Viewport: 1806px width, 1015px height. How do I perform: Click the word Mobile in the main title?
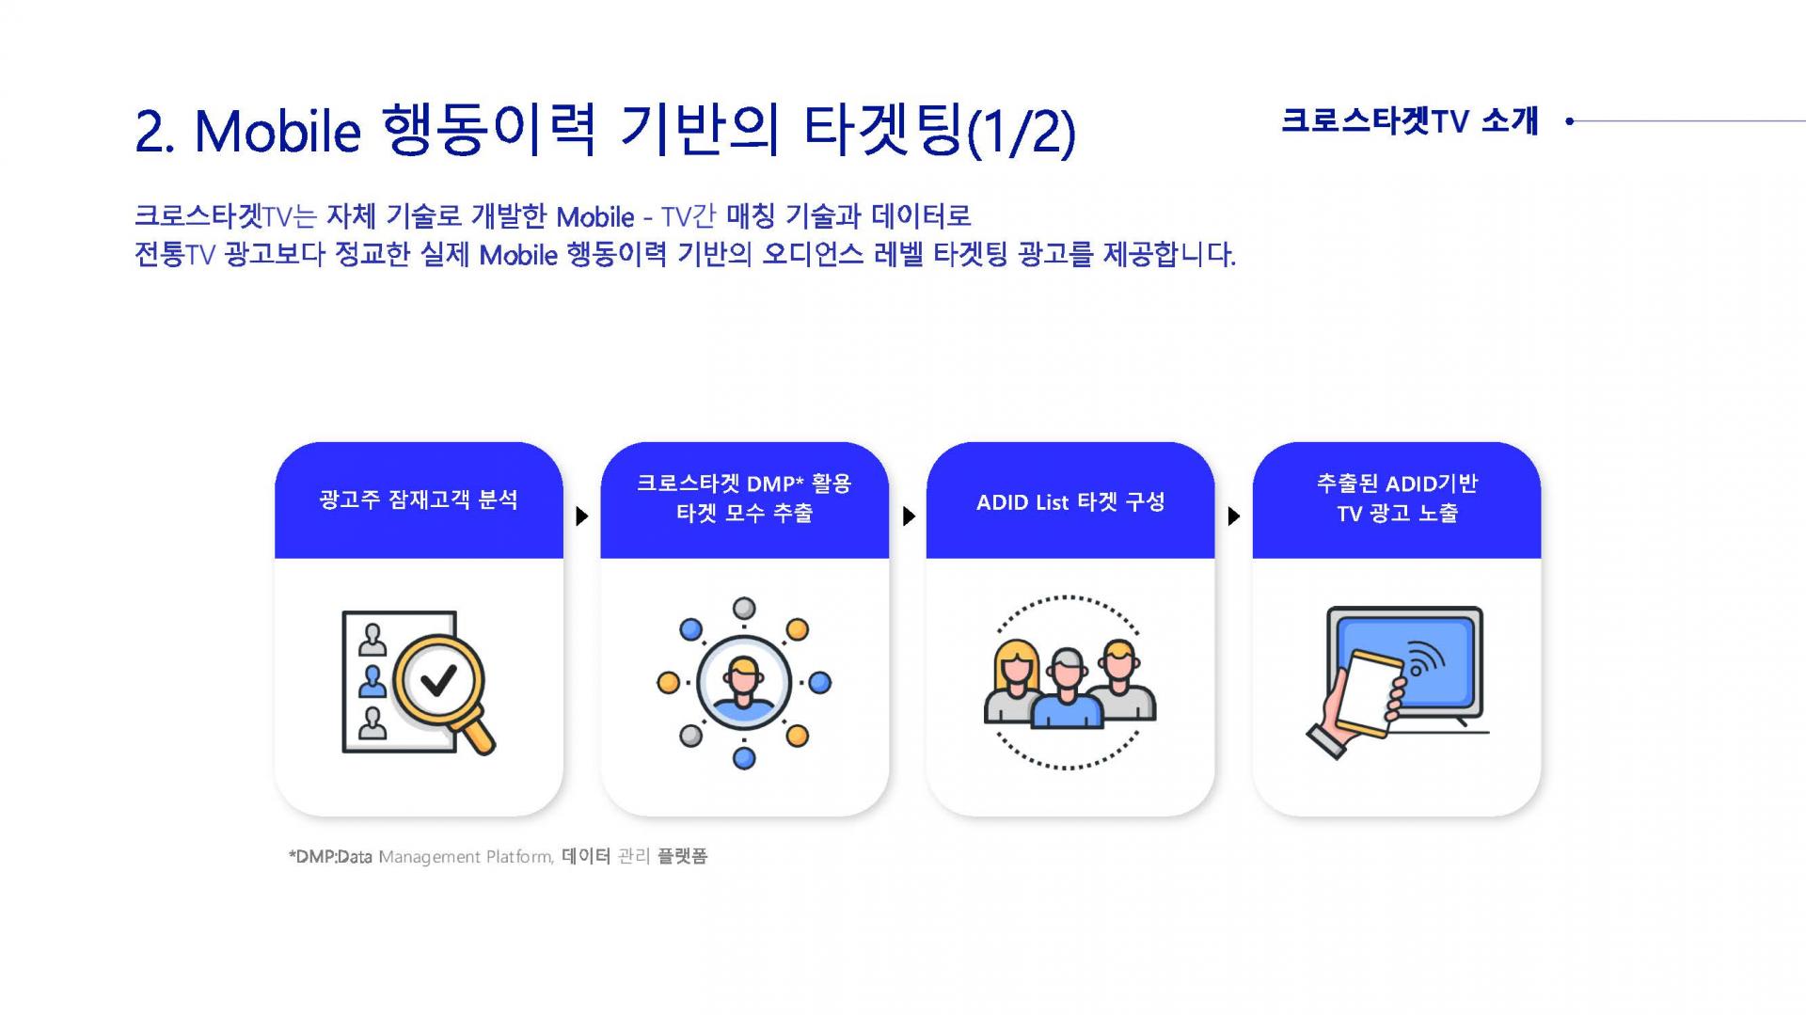pyautogui.click(x=277, y=131)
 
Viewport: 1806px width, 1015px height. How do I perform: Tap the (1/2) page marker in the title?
pyautogui.click(x=1021, y=132)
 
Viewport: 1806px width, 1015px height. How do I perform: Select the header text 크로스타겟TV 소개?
pyautogui.click(x=1409, y=120)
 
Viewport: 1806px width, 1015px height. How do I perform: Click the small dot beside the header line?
pyautogui.click(x=1569, y=120)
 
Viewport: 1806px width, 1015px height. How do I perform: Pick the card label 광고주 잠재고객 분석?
pyautogui.click(x=419, y=500)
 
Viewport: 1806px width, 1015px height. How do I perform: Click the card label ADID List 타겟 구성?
pyautogui.click(x=1070, y=501)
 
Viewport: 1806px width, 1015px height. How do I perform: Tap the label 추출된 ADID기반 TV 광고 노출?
pyautogui.click(x=1397, y=498)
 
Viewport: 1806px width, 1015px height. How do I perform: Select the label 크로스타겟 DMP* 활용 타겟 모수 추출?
pyautogui.click(x=744, y=498)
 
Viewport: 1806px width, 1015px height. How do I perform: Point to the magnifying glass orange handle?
pyautogui.click(x=478, y=735)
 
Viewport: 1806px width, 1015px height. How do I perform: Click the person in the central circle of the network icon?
pyautogui.click(x=743, y=683)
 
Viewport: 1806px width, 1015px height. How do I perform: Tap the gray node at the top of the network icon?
pyautogui.click(x=744, y=607)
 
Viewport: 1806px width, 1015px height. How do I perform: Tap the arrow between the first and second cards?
pyautogui.click(x=582, y=515)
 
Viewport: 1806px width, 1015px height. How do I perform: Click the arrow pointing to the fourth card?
pyautogui.click(x=1234, y=515)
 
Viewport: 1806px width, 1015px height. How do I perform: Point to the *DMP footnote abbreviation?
pyautogui.click(x=312, y=857)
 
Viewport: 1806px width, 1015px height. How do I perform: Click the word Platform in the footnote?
pyautogui.click(x=520, y=857)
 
